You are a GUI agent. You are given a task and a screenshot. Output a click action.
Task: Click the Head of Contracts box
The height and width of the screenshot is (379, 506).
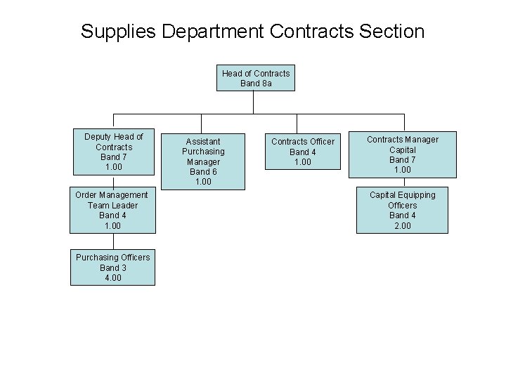[256, 78]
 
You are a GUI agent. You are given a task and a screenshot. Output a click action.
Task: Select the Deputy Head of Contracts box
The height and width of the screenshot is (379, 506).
[113, 152]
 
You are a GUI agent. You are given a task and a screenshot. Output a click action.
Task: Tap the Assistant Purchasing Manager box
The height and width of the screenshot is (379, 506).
[202, 161]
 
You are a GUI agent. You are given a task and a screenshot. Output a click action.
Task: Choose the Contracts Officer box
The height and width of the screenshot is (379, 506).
[303, 152]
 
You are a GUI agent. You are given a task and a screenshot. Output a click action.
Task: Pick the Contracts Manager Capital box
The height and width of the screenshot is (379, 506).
[402, 154]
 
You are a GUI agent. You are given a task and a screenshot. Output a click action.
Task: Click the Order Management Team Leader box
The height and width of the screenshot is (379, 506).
[112, 211]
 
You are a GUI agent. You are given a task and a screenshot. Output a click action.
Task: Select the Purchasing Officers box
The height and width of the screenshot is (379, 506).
[112, 267]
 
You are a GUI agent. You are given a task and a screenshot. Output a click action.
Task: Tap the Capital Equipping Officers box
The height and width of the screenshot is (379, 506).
[402, 211]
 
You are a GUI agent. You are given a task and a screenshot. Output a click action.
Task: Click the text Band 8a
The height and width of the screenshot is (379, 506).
[256, 84]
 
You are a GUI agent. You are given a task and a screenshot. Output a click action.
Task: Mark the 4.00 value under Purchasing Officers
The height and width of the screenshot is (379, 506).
[112, 278]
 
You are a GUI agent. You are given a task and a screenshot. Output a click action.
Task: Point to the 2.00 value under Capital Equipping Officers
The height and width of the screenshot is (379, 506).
[402, 226]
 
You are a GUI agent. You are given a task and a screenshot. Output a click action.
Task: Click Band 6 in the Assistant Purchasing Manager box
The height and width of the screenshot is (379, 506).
[202, 172]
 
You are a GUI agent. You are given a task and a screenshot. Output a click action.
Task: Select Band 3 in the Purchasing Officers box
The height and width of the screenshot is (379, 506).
[112, 267]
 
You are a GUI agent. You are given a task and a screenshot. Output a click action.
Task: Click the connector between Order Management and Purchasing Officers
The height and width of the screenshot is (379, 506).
[112, 241]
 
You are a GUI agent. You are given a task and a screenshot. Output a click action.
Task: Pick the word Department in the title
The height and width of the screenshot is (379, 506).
[219, 32]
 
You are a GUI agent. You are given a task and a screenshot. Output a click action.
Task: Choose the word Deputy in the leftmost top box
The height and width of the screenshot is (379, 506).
[98, 137]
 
